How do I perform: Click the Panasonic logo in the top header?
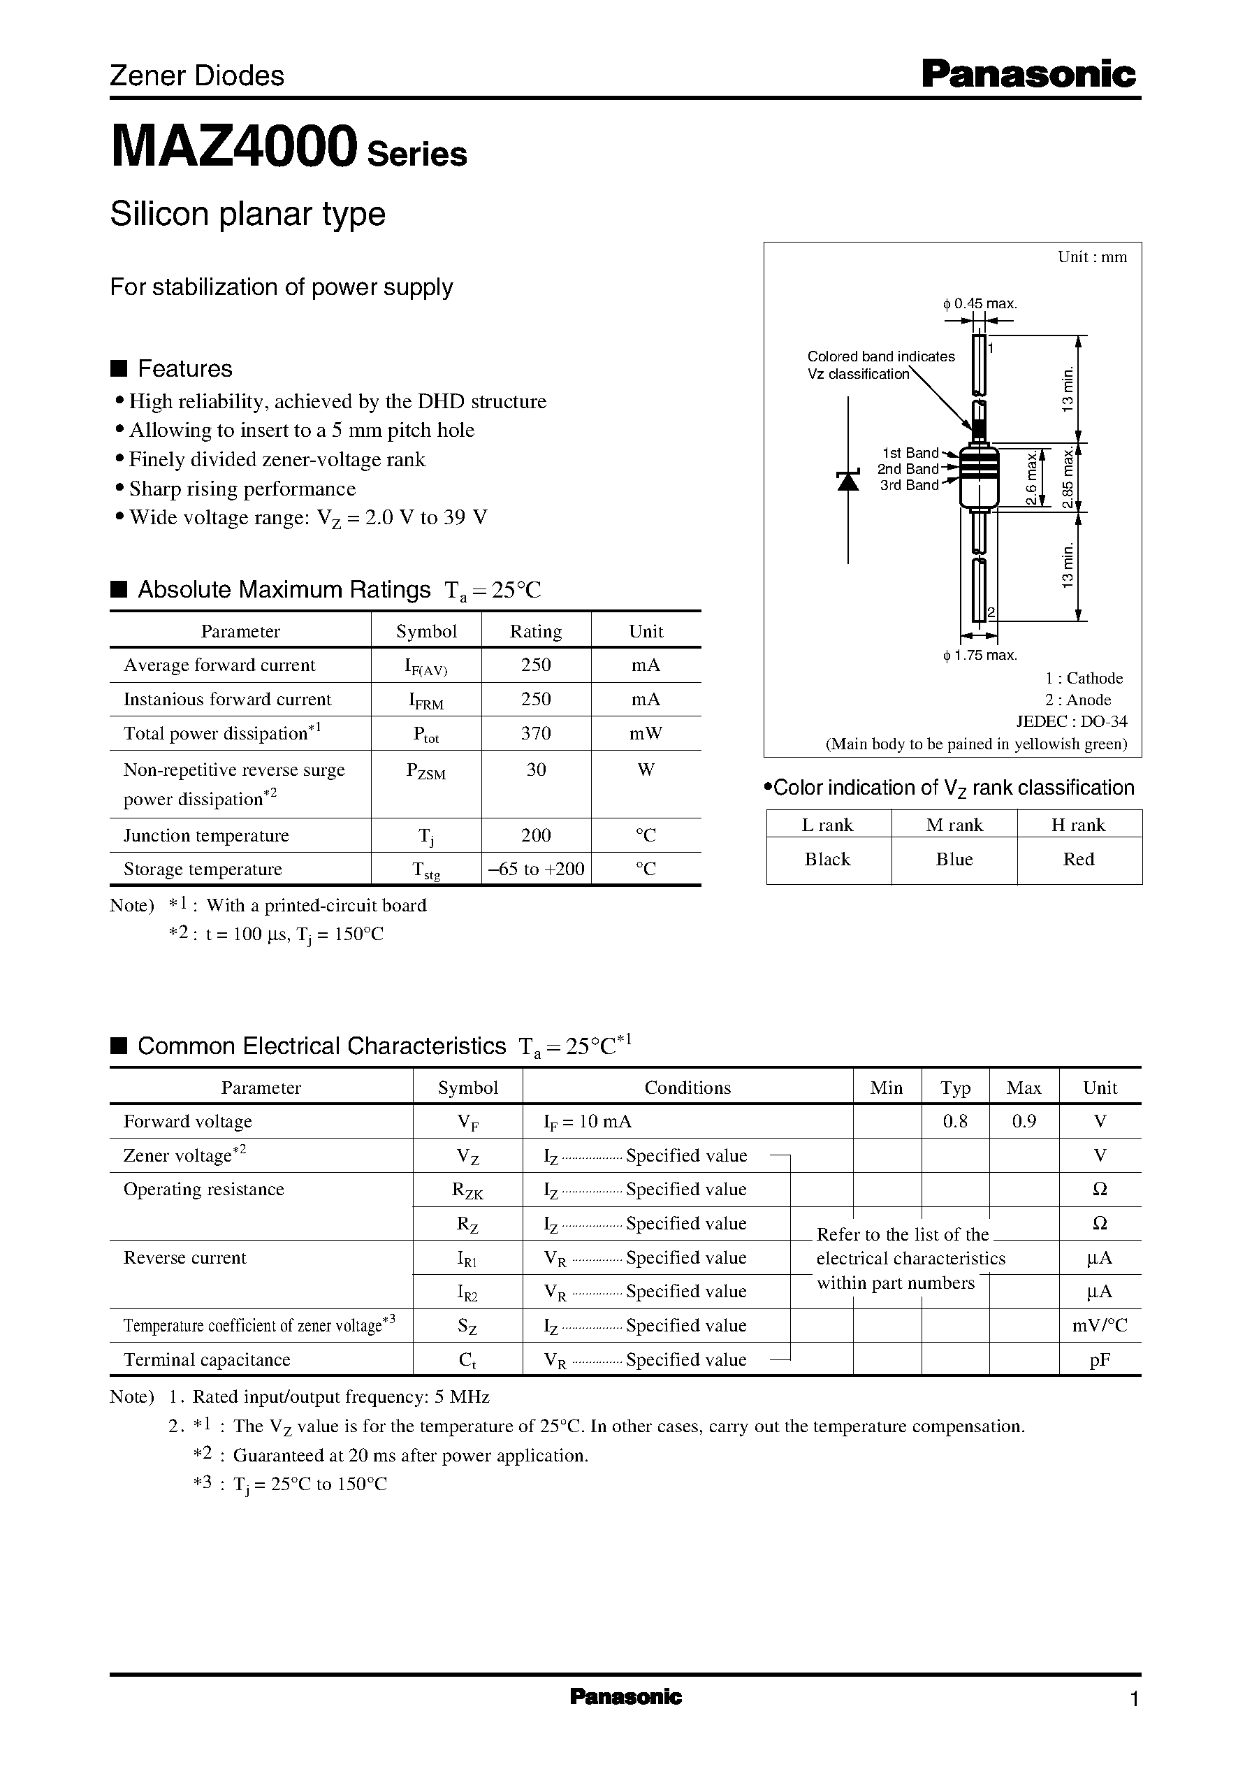1028,75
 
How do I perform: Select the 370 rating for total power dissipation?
535,733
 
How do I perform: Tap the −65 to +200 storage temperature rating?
536,869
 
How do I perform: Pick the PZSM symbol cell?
425,772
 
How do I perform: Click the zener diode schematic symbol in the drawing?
848,480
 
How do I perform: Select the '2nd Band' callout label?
908,469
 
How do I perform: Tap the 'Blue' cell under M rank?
954,859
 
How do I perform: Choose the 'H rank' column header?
1078,825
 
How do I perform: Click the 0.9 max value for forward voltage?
1023,1121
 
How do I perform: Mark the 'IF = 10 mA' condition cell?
588,1121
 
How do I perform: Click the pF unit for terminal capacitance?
1100,1359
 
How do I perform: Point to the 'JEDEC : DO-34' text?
1072,722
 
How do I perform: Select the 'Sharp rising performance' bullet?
242,489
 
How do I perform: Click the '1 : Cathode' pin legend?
1083,679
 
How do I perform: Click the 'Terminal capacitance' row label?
207,1359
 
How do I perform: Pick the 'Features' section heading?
184,368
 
